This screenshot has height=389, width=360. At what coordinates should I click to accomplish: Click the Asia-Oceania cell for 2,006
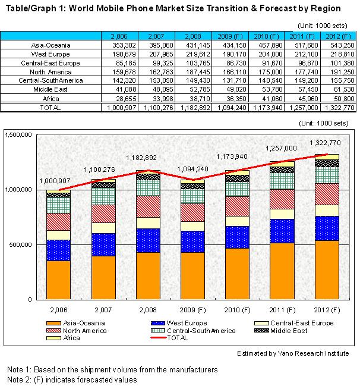(124, 45)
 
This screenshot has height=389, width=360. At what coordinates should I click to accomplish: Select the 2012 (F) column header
(338, 36)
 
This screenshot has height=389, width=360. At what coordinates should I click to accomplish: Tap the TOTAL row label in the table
(50, 108)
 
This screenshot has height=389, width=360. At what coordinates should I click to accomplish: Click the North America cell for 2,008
(198, 72)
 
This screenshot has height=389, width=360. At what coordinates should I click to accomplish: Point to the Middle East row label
(50, 89)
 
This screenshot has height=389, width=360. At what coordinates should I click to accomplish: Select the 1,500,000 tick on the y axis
(18, 134)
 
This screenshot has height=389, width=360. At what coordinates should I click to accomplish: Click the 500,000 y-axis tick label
(21, 244)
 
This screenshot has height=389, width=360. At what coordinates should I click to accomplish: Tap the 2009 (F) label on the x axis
(192, 310)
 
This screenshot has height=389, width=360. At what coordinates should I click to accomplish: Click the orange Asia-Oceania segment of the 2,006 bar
(58, 280)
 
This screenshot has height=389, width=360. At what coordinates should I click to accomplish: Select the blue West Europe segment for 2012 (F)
(327, 228)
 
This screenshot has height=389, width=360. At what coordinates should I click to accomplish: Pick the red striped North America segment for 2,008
(148, 206)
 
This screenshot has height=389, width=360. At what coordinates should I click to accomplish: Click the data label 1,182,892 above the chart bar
(141, 158)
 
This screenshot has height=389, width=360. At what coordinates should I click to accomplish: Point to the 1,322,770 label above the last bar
(325, 143)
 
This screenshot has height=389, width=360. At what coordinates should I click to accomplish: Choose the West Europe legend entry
(179, 323)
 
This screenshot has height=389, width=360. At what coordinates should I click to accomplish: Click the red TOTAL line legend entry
(169, 338)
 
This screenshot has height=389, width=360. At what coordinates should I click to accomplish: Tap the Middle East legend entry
(281, 331)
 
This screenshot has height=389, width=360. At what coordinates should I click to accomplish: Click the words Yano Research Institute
(313, 353)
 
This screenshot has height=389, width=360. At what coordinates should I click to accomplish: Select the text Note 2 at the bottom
(18, 380)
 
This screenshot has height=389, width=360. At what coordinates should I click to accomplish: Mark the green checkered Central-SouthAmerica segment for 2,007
(103, 196)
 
